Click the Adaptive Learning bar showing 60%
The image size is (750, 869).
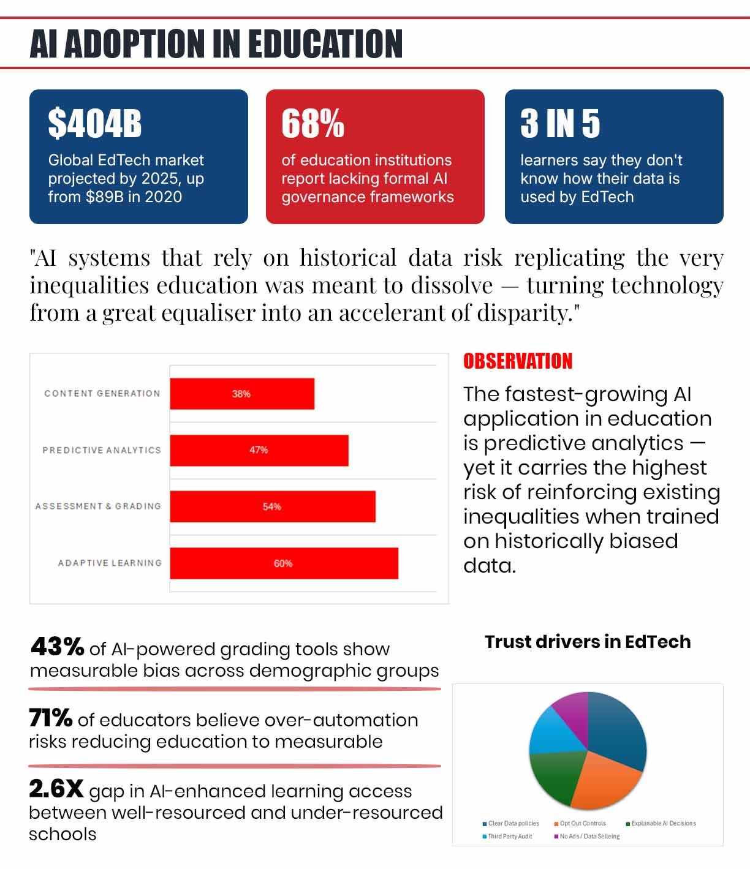(x=284, y=563)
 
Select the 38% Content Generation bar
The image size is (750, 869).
(x=242, y=394)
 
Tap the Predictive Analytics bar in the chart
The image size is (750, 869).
(x=259, y=450)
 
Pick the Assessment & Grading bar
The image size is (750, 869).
(x=272, y=506)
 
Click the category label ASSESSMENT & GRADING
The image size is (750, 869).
(x=98, y=506)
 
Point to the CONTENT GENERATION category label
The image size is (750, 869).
(x=102, y=394)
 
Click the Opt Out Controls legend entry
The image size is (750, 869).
(x=583, y=824)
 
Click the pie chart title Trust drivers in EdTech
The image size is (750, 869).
(x=588, y=642)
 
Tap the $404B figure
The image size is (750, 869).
(x=95, y=124)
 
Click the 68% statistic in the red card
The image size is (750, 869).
(x=312, y=124)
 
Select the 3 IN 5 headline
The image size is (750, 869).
(x=560, y=124)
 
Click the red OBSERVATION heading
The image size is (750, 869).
(x=518, y=361)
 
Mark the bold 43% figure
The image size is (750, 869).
(x=57, y=647)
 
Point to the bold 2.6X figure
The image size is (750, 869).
(x=56, y=789)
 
